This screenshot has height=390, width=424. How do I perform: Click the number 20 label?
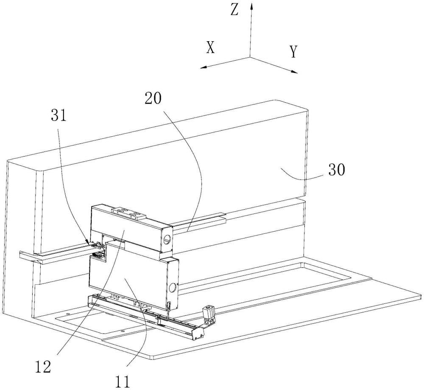(x=153, y=98)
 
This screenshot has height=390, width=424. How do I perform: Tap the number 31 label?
(x=59, y=116)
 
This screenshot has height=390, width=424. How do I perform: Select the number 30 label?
(x=337, y=170)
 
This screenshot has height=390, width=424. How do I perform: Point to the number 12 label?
(x=43, y=367)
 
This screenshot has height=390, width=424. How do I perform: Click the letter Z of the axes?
(x=234, y=10)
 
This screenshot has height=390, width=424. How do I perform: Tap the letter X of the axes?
(x=210, y=48)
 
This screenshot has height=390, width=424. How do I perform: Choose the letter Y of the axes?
(x=293, y=52)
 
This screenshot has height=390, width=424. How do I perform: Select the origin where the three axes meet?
(x=250, y=57)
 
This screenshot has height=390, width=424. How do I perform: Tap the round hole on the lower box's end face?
(x=173, y=287)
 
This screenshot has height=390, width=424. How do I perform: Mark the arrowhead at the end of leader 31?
(x=88, y=242)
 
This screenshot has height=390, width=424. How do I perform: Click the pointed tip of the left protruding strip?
(x=40, y=262)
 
